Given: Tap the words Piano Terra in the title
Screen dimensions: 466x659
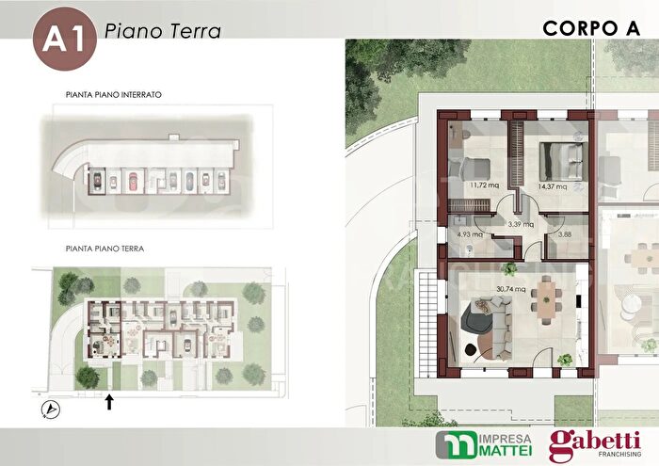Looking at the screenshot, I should pos(163,31).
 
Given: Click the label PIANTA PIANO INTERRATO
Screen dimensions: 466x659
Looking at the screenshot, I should pos(115,95).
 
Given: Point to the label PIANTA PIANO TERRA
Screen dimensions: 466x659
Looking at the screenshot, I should pos(104,249).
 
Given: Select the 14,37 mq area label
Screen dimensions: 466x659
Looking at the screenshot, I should pos(552,186).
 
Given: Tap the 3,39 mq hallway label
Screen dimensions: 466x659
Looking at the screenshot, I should pos(520,224).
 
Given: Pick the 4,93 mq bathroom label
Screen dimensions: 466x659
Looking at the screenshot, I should pos(469,234).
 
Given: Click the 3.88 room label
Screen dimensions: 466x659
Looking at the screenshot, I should pos(564,234).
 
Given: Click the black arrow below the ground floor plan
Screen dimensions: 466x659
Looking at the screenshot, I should pos(109,402).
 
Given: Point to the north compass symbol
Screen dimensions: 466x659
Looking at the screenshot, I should pos(49,408).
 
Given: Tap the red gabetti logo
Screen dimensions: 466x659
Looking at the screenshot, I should pos(594,444).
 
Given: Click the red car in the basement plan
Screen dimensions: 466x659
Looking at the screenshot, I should pos(132,179).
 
